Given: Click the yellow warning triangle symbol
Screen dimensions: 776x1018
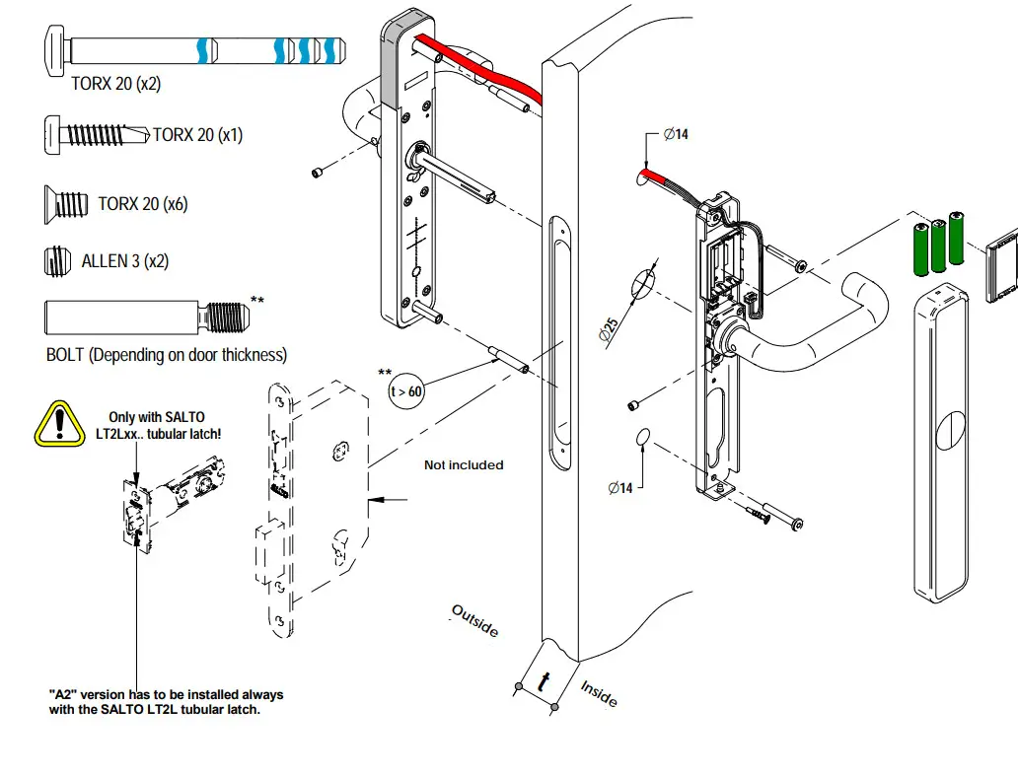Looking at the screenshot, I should coord(60,423).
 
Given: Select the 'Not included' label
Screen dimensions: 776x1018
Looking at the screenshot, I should coord(464,464).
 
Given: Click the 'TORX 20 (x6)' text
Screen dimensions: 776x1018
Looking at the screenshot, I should coord(143,204).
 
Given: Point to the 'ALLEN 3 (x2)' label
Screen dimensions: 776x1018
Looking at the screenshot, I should coord(124,261).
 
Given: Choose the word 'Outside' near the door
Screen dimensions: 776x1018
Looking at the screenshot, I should coord(475,620).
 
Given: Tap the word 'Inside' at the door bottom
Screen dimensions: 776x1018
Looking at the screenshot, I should coord(599,693).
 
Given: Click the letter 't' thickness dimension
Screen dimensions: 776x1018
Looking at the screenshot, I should coord(544,680).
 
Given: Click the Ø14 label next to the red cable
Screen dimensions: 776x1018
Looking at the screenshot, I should coord(676,134).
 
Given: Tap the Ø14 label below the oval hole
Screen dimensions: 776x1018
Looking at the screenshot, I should coord(619,487).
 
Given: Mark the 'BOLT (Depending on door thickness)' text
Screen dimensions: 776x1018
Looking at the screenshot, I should coord(166,355).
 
